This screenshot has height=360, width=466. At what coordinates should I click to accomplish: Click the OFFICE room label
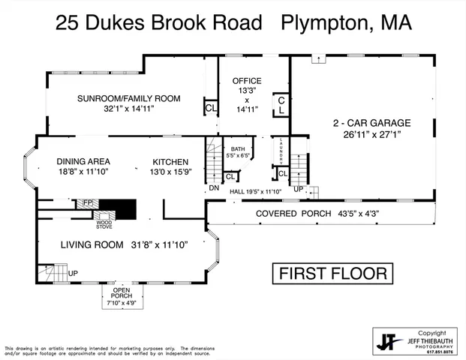point(246,81)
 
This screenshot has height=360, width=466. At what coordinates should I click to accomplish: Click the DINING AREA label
point(83,161)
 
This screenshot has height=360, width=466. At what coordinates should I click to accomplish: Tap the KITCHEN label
point(170,161)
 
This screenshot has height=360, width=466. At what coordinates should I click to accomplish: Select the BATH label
point(238,149)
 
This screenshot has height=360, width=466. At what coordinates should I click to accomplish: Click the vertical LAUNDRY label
point(280,151)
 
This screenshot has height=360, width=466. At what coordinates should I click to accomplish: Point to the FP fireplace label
point(87,202)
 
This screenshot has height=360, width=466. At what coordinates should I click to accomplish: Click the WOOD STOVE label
point(104,223)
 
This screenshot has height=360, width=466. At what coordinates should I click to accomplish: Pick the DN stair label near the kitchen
point(214,187)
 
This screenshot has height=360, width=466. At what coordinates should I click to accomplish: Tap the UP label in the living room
point(73,273)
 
